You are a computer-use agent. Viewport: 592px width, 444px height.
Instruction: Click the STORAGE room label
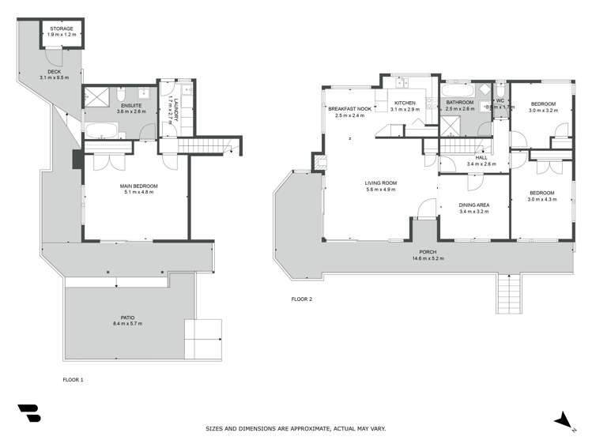pyautogui.click(x=62, y=28)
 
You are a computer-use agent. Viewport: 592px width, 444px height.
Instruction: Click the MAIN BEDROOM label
pyautogui.click(x=138, y=186)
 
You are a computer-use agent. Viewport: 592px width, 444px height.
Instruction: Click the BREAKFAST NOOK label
pyautogui.click(x=350, y=109)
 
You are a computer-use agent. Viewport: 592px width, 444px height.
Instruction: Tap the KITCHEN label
pyautogui.click(x=405, y=103)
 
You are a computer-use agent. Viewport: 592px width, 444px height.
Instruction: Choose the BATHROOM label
pyautogui.click(x=459, y=103)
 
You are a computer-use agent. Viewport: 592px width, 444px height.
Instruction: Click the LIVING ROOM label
pyautogui.click(x=381, y=183)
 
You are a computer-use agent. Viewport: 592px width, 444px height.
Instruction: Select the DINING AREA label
pyautogui.click(x=474, y=205)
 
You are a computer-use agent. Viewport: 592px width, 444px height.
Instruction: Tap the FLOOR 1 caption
pyautogui.click(x=73, y=380)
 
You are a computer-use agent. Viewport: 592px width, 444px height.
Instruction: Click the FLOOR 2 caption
pyautogui.click(x=302, y=299)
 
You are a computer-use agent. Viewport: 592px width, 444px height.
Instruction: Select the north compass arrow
pyautogui.click(x=563, y=420)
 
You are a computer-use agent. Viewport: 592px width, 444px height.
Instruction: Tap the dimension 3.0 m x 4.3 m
pyautogui.click(x=543, y=199)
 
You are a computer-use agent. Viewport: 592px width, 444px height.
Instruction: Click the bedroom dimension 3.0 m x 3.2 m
pyautogui.click(x=543, y=111)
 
